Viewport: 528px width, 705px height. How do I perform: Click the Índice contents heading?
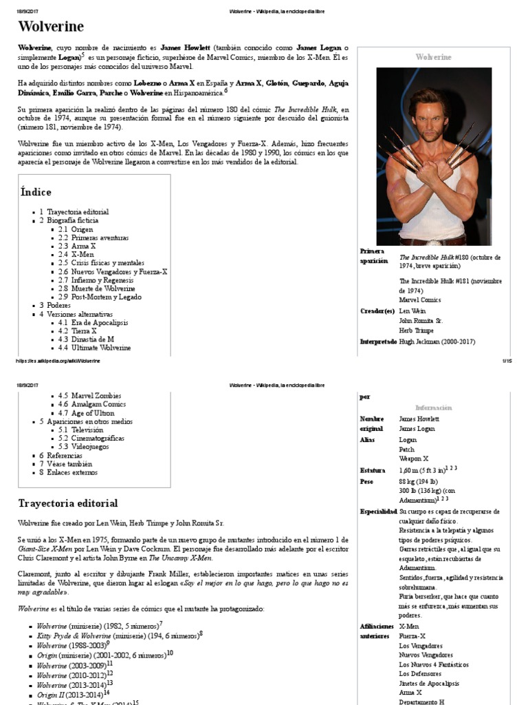[x=36, y=192]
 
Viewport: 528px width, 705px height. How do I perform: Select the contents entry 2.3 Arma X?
[x=77, y=246]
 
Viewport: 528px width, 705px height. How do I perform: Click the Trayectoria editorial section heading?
[x=67, y=503]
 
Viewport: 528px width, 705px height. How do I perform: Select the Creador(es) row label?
[x=378, y=311]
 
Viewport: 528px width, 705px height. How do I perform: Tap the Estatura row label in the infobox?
[x=373, y=470]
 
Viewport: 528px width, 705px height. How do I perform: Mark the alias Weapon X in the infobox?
[x=413, y=458]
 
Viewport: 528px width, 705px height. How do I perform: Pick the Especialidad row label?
[x=378, y=512]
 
